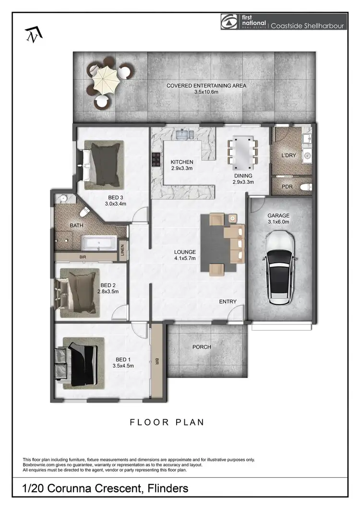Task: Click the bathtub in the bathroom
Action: pos(99,243)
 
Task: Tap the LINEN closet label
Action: pos(122,250)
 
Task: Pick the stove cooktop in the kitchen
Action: pos(156,158)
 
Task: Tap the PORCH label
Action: pos(202,347)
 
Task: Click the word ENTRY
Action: pos(228,301)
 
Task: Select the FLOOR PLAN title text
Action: pos(167,422)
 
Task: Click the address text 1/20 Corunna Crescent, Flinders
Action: pos(106,488)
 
